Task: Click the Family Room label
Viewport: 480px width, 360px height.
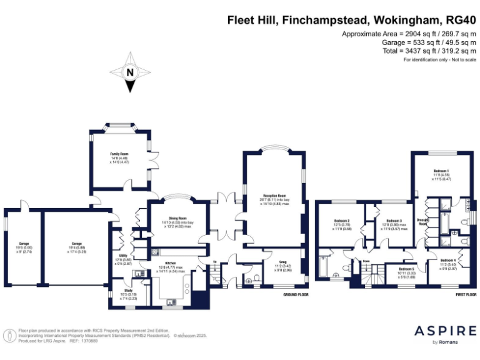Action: click(119, 154)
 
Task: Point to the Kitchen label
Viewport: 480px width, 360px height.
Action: click(170, 263)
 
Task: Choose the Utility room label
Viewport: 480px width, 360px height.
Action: click(123, 256)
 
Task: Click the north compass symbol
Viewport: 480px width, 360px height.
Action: click(130, 72)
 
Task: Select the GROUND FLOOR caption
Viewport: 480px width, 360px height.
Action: click(297, 294)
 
